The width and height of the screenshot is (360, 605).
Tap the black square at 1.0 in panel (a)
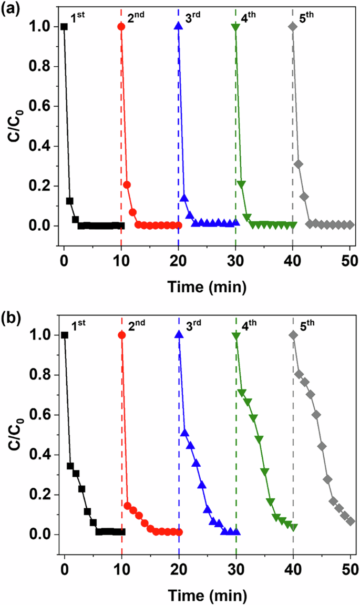(64, 26)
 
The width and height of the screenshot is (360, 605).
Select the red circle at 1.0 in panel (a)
(121, 26)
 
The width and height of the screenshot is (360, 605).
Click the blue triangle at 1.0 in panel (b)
(179, 335)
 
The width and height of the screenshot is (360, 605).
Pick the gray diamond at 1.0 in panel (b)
(293, 335)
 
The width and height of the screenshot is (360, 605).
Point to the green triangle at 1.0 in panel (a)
(235, 27)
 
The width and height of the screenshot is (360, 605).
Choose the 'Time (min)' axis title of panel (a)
(207, 286)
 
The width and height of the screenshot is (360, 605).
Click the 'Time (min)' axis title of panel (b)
(207, 595)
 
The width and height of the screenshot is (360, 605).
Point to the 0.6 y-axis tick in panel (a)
(45, 106)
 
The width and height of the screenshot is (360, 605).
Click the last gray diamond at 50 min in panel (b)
(351, 521)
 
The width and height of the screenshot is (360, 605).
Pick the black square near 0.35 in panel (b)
(70, 466)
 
